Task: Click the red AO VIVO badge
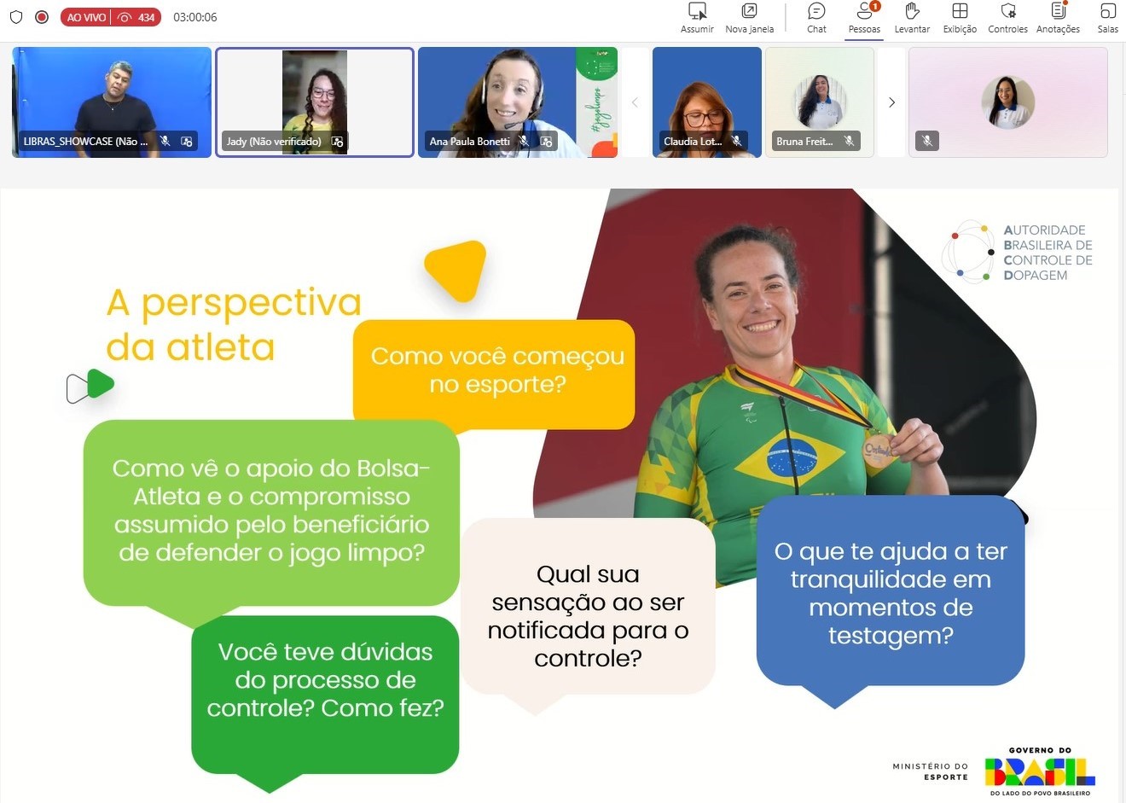[87, 17]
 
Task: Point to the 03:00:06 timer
[194, 17]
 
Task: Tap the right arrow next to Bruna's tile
[891, 102]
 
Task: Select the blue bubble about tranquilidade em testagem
[890, 593]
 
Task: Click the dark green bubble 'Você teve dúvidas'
[325, 681]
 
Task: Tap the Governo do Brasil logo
[1039, 771]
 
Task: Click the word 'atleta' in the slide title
[220, 348]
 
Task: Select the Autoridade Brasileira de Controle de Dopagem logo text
[1047, 253]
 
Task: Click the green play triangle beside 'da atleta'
[99, 385]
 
